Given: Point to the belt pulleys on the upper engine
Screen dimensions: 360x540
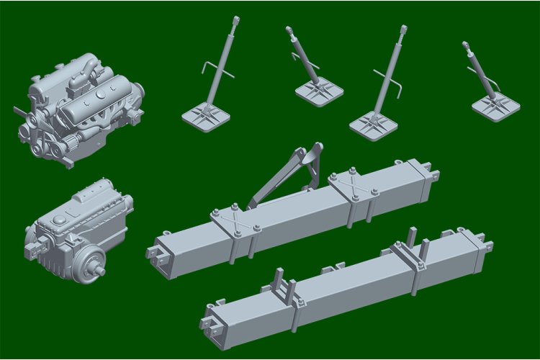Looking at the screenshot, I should click(37, 138).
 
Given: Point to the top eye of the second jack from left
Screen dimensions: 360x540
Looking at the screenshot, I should click(289, 31).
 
